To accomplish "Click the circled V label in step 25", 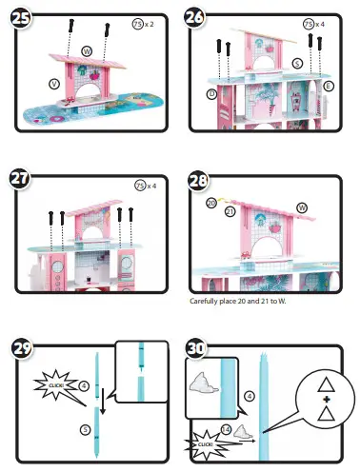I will [54, 84].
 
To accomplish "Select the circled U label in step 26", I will [210, 93].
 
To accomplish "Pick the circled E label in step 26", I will [329, 86].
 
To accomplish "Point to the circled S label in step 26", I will [298, 63].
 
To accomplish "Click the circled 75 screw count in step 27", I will [139, 187].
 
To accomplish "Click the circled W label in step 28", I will [302, 206].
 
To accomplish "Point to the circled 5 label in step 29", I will [85, 430].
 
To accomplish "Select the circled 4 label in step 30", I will [249, 394].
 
